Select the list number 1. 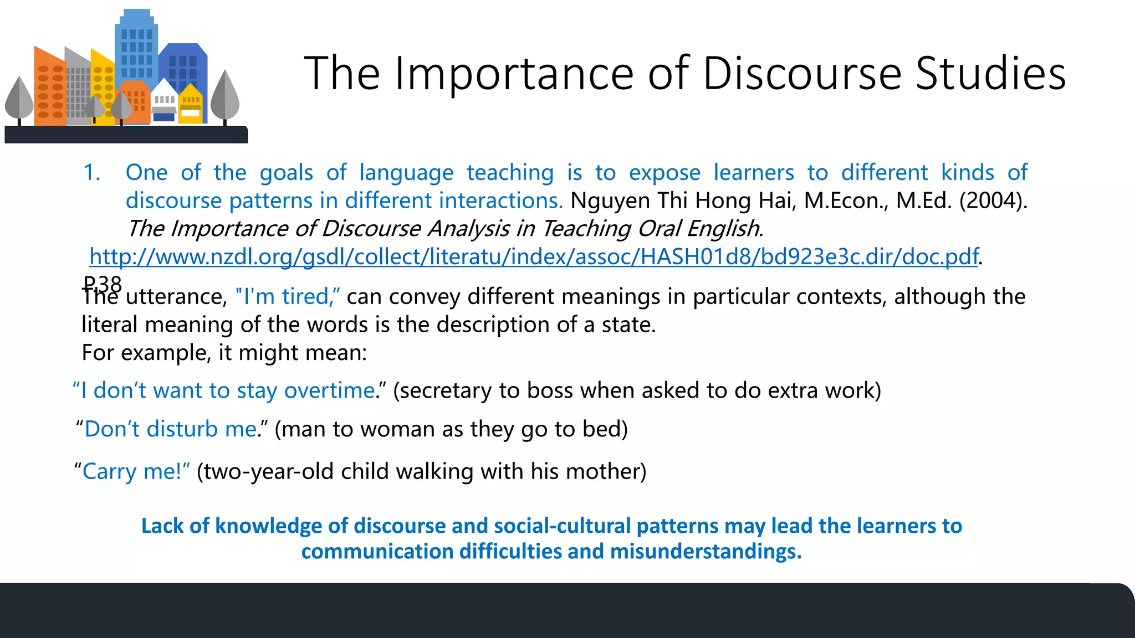pyautogui.click(x=91, y=173)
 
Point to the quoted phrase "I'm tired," pyautogui.click(x=288, y=297)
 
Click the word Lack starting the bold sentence pyautogui.click(x=162, y=526)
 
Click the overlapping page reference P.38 pyautogui.click(x=102, y=284)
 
